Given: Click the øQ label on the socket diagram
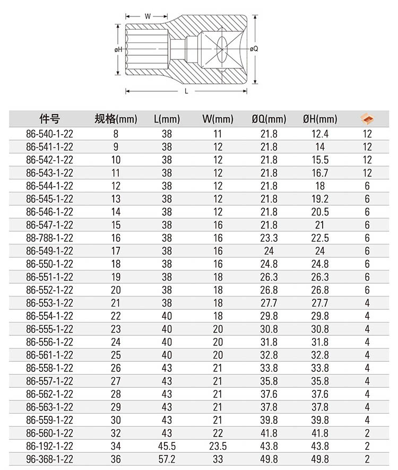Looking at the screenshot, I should (254, 49).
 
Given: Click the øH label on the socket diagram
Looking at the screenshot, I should (118, 49).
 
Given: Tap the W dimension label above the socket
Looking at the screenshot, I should (149, 15).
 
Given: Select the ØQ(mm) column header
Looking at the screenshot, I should (269, 119).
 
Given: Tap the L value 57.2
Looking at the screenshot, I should (167, 459).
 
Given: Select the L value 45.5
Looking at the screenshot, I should (167, 446).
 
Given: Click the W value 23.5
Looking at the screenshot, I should (218, 446).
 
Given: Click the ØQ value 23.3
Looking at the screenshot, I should (269, 238).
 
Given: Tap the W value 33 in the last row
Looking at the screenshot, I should (218, 459).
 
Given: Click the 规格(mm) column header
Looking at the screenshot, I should (116, 119).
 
